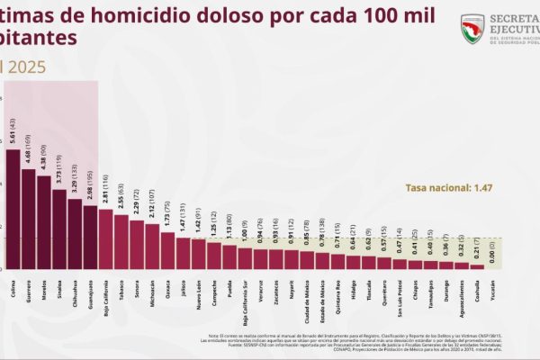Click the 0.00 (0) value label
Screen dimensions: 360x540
pos(491,251)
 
